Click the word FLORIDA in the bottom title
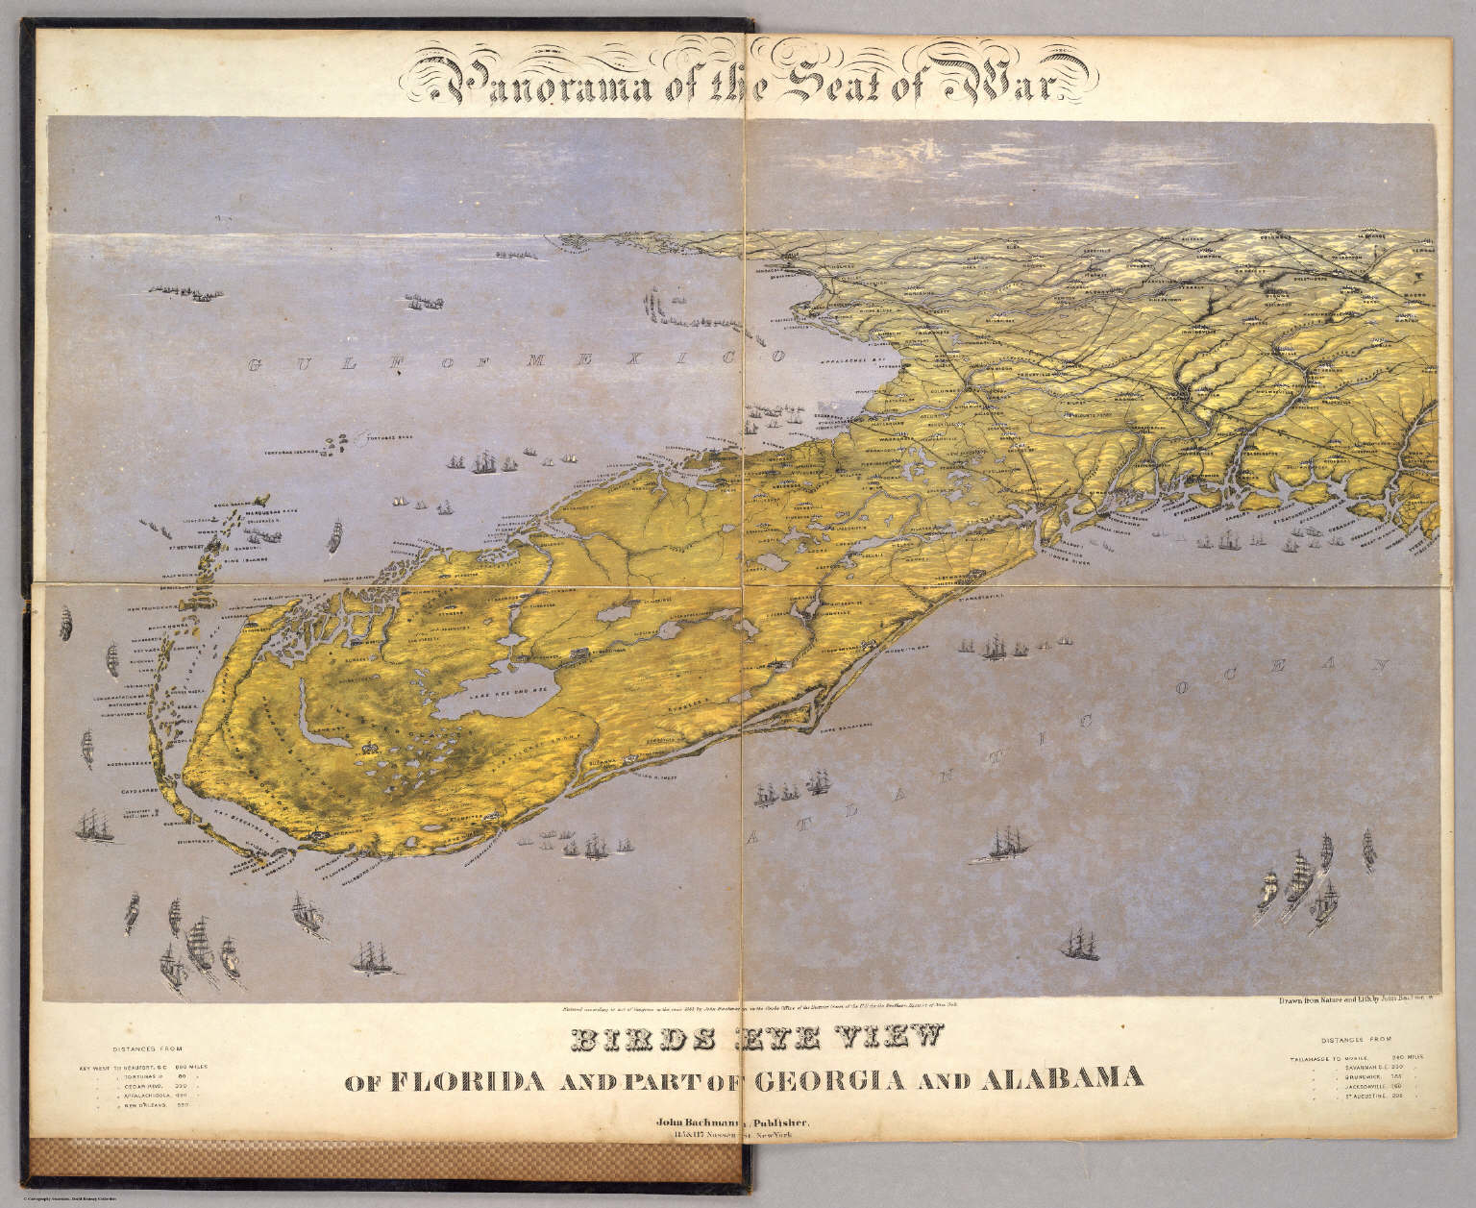(x=467, y=1079)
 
